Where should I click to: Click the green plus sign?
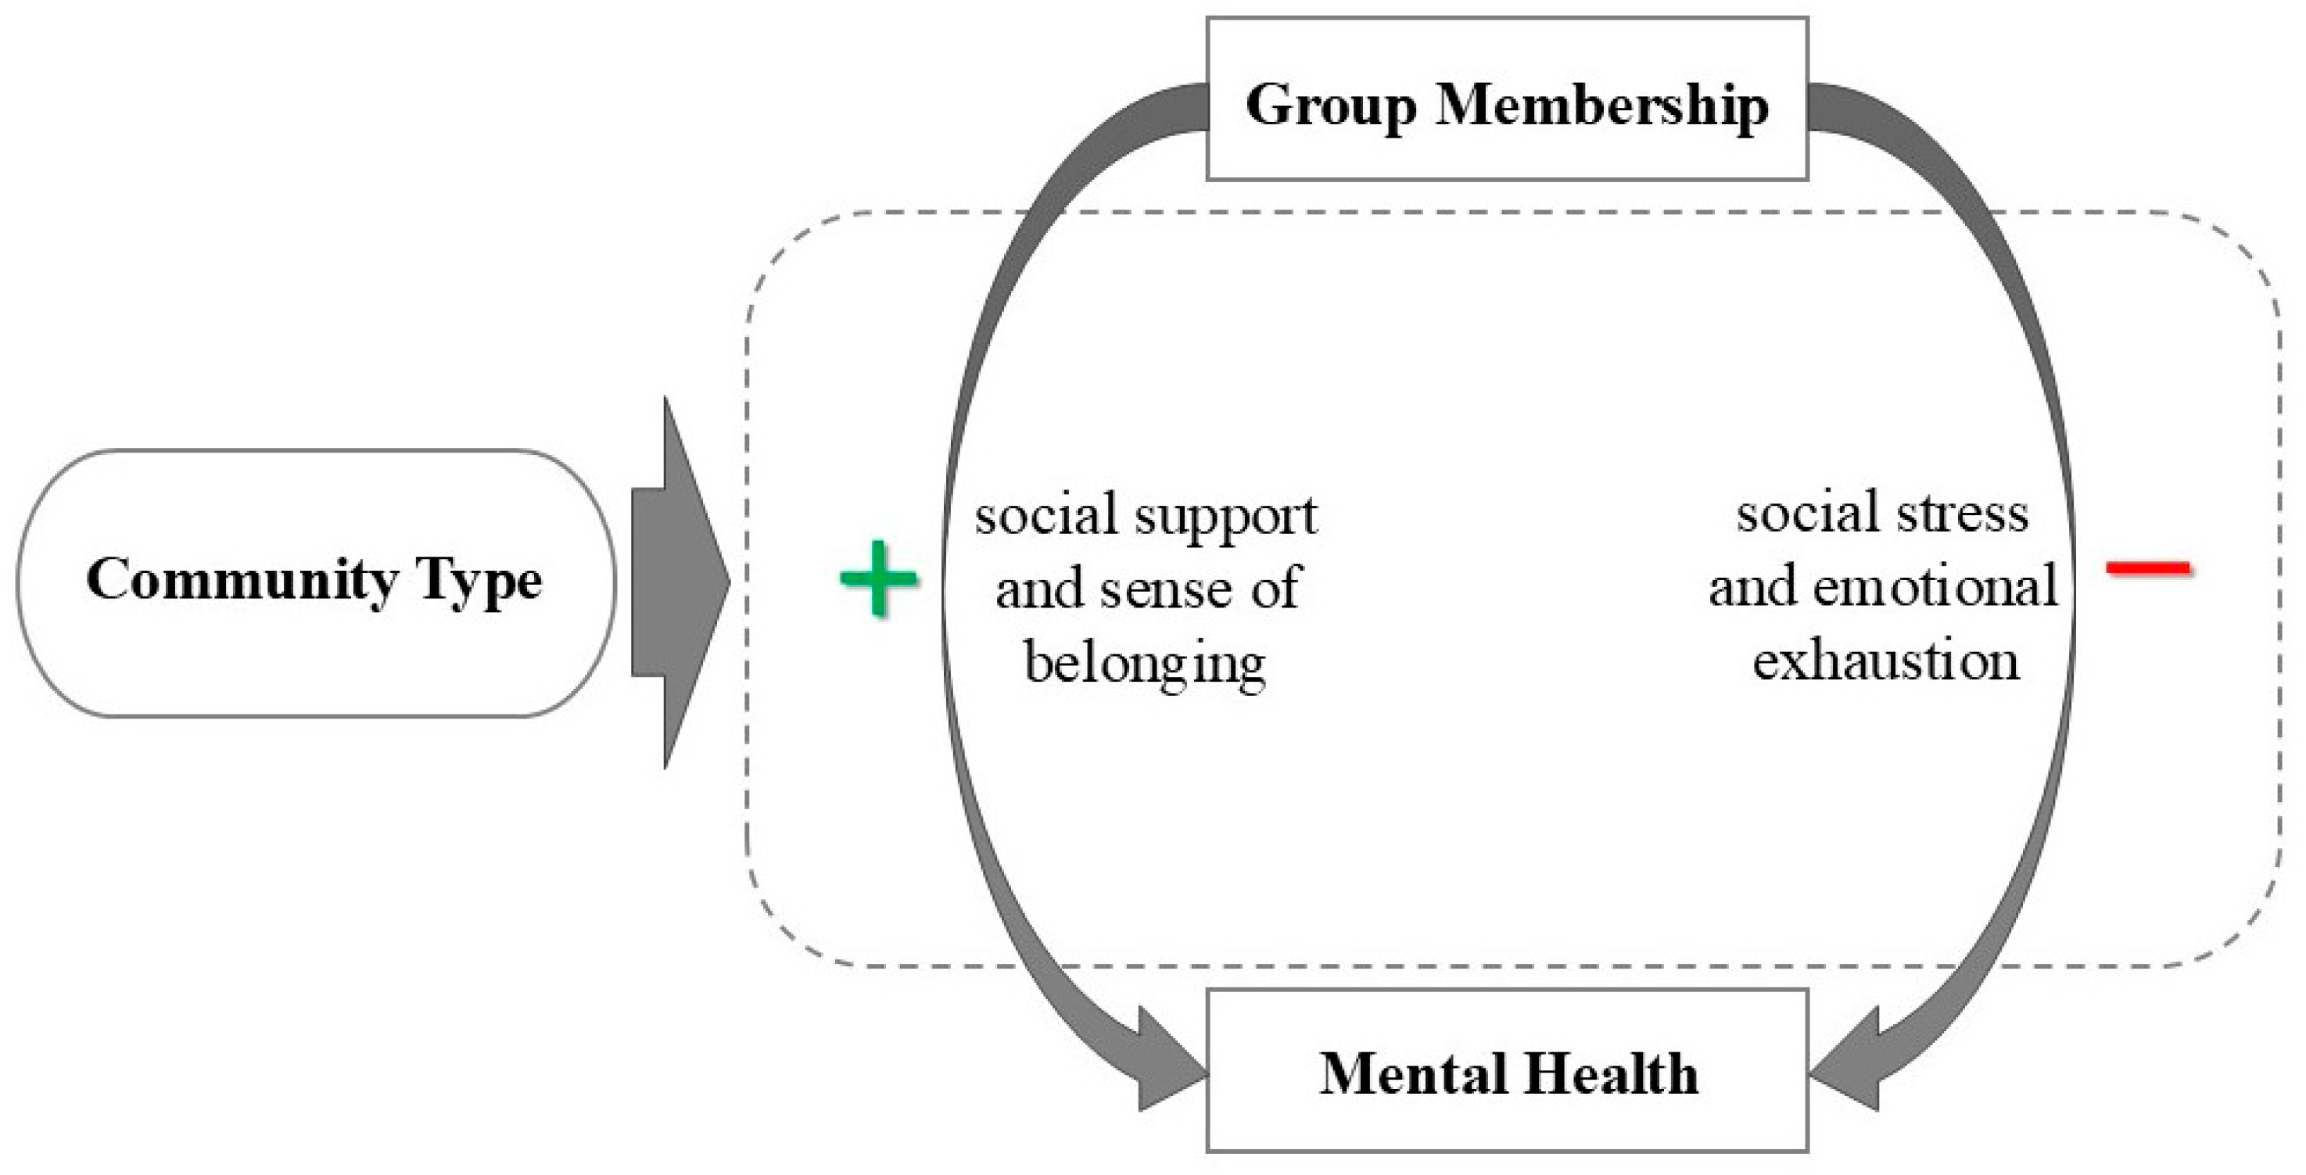(x=879, y=578)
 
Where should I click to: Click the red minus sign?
(x=2149, y=568)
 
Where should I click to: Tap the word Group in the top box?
(x=1331, y=106)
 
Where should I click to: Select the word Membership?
(x=1602, y=106)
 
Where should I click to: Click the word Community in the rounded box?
(x=242, y=580)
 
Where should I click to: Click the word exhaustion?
(x=1886, y=661)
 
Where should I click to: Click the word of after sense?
(x=1275, y=589)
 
